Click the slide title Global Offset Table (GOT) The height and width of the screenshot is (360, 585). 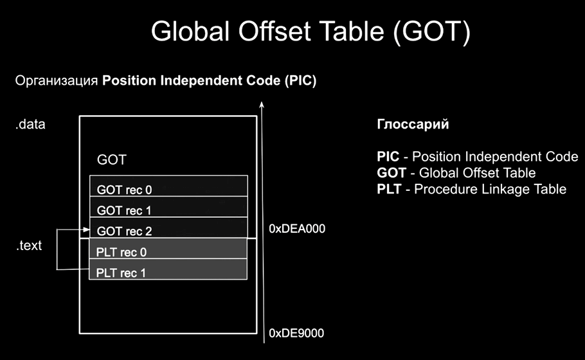(310, 32)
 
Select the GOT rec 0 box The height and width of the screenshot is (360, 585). (168, 186)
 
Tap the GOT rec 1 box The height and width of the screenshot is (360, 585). (168, 206)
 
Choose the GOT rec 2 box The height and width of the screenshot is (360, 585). (168, 228)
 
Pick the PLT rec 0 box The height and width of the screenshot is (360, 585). (168, 248)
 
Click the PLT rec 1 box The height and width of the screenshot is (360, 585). (168, 269)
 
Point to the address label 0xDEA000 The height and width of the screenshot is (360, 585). (297, 229)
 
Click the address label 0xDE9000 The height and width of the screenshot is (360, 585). (296, 333)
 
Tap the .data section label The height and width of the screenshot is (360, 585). (30, 124)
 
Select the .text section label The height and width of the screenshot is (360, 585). (29, 246)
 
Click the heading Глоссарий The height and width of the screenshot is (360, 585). (413, 124)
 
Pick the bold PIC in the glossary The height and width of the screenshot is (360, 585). (388, 157)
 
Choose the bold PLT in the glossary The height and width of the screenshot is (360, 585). (389, 189)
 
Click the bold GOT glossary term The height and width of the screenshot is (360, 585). (392, 173)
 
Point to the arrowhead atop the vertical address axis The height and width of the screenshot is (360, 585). (262, 104)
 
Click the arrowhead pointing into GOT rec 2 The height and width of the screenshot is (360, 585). (87, 230)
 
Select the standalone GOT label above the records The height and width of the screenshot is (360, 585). (112, 159)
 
